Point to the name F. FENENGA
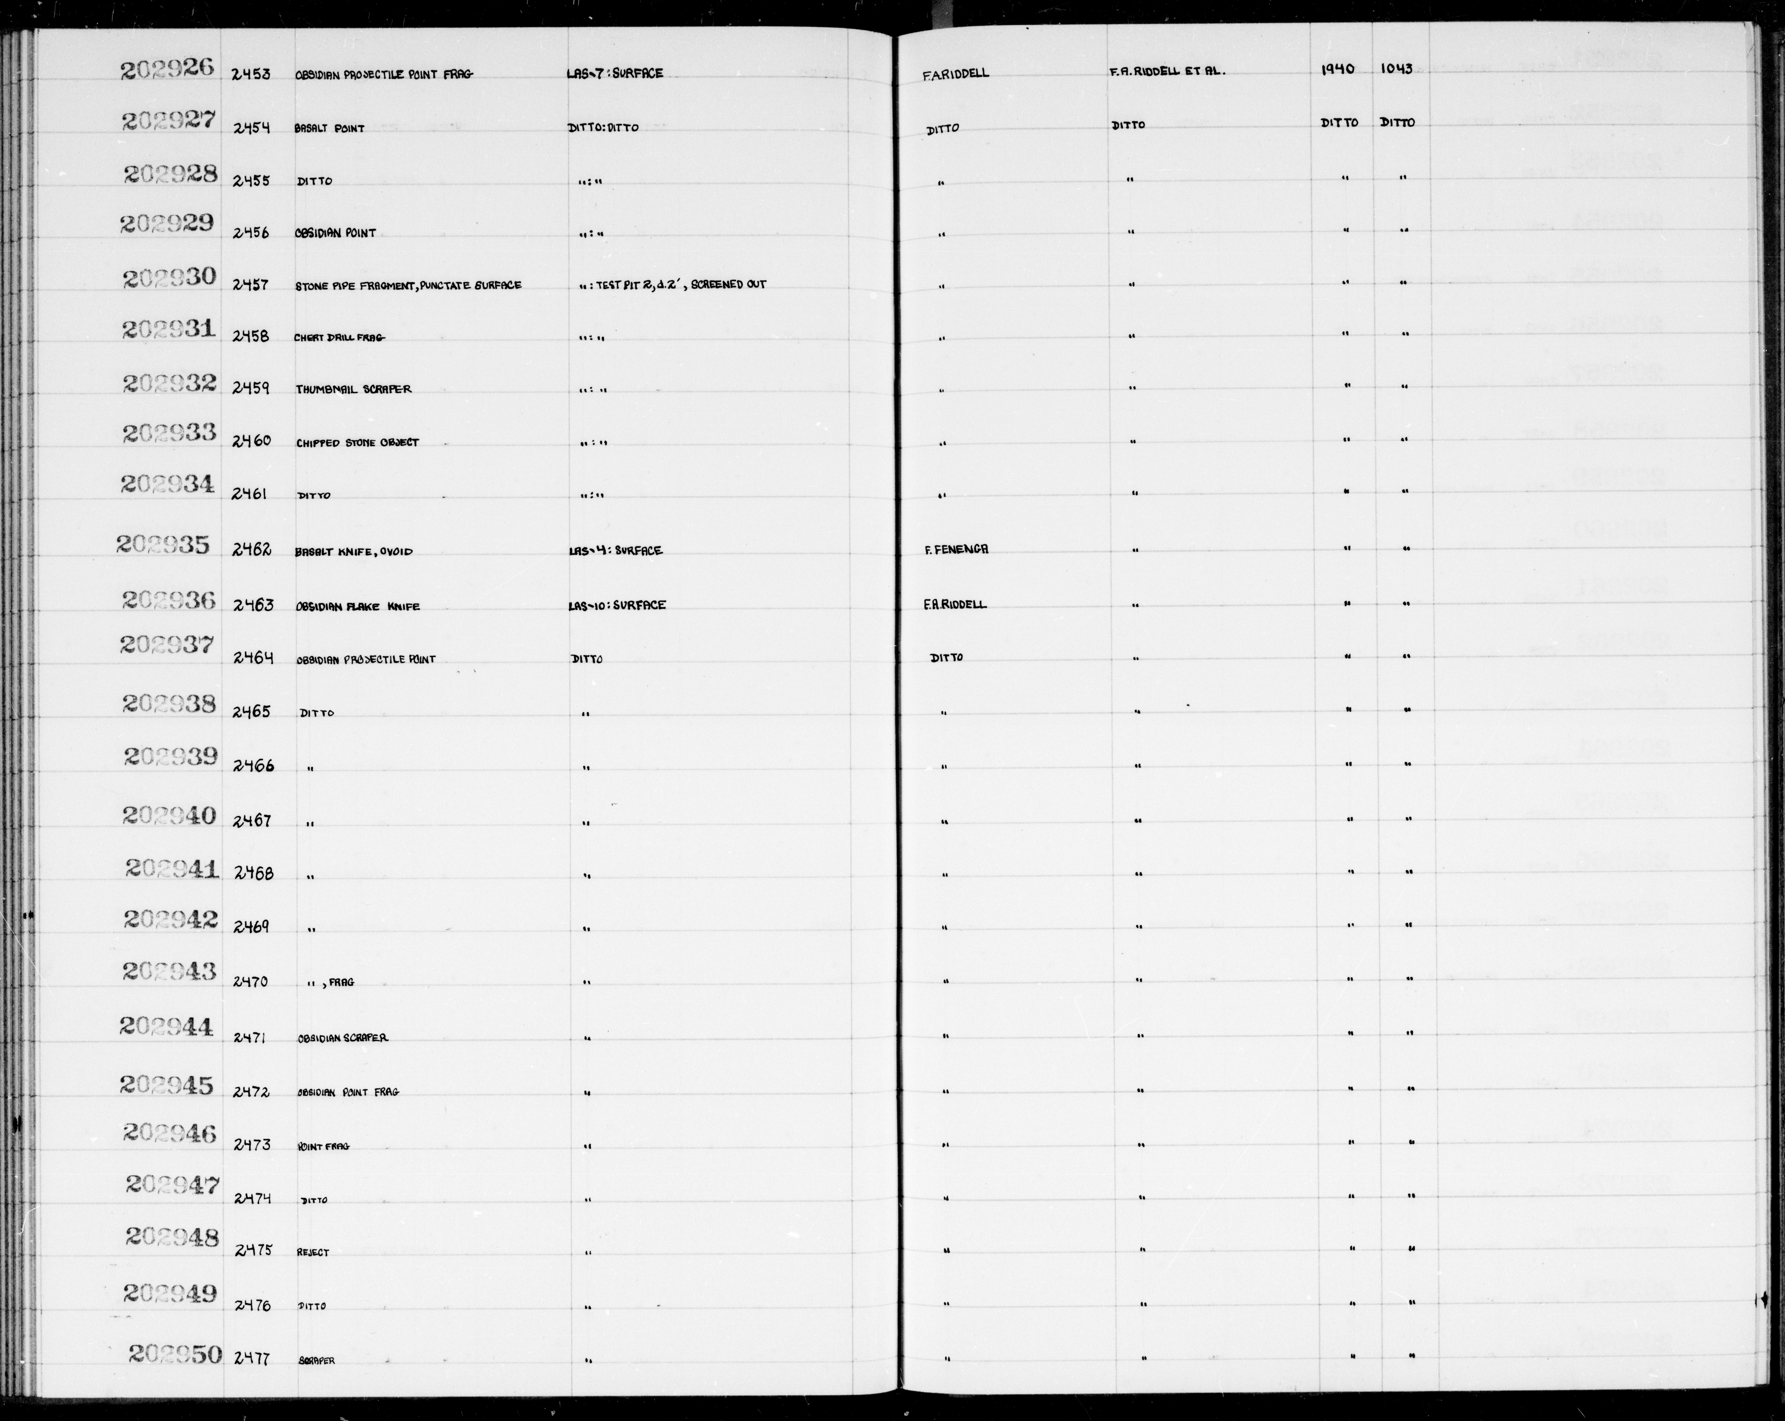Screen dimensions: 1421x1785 (x=956, y=549)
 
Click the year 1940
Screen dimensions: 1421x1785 (x=1338, y=69)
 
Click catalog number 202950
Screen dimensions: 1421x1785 (x=176, y=1354)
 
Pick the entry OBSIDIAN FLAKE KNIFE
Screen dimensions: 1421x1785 (x=358, y=606)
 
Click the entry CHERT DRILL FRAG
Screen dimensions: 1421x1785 (x=340, y=337)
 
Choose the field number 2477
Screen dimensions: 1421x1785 (x=252, y=1357)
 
